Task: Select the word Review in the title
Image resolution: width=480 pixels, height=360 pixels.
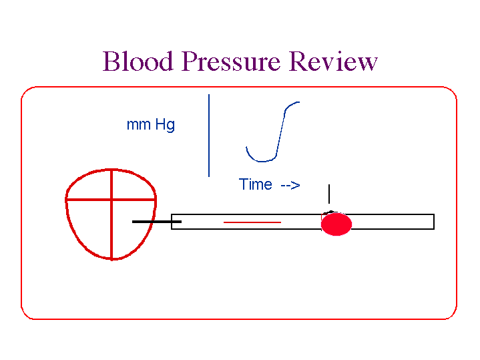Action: click(333, 61)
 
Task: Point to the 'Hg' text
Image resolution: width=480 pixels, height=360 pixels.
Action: click(165, 125)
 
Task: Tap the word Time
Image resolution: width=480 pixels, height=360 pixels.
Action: click(256, 184)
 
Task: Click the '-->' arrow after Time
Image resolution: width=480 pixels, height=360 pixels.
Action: click(290, 185)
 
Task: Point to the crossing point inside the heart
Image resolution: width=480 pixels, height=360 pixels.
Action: click(111, 199)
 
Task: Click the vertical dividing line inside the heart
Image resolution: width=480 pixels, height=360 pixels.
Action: click(111, 230)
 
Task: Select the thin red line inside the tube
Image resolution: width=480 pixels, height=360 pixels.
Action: click(252, 221)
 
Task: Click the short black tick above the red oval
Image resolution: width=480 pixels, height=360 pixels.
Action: click(328, 194)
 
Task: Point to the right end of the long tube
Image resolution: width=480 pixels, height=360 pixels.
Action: click(433, 221)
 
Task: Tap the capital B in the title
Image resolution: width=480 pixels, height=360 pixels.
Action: click(111, 61)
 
